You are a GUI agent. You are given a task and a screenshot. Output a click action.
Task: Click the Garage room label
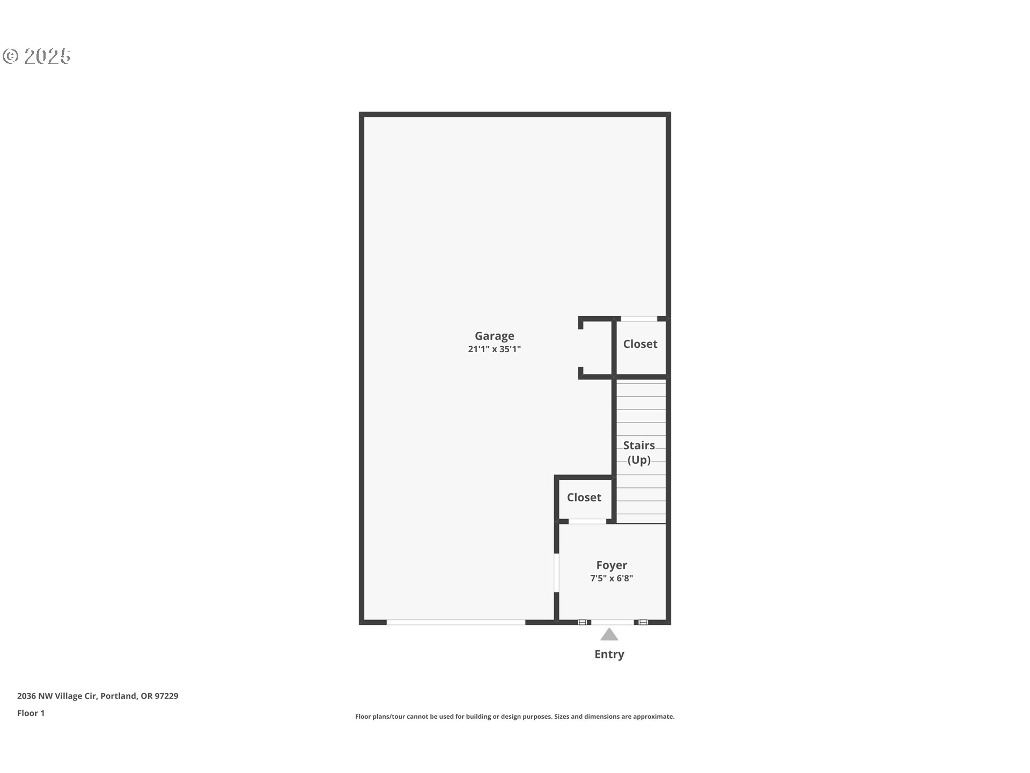pos(494,336)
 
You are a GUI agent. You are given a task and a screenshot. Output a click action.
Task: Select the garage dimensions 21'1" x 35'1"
pos(494,349)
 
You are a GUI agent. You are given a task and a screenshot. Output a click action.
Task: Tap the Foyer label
pos(612,565)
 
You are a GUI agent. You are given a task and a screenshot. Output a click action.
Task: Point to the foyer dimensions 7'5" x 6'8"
pos(612,578)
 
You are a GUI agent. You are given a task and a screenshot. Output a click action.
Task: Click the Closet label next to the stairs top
pos(640,344)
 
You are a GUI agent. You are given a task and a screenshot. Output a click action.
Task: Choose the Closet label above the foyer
pos(584,498)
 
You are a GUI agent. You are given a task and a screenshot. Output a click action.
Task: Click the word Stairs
pos(639,446)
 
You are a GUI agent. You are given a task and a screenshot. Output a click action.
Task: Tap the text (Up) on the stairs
pos(639,460)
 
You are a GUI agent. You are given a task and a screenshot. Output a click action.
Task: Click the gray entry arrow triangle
pos(609,635)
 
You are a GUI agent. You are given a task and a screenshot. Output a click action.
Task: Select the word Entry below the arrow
pos(609,654)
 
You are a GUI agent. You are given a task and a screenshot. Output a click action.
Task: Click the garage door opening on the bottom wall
pos(455,622)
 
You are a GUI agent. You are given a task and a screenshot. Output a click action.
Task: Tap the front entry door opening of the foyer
pos(612,622)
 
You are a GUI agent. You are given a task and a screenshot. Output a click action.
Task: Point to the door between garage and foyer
pos(556,572)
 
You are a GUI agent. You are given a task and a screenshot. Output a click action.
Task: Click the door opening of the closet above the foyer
pos(587,521)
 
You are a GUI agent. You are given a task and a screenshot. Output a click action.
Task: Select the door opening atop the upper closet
pos(639,319)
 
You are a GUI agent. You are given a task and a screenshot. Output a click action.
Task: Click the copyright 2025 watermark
pos(36,56)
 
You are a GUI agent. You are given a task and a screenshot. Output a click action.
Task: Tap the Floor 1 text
pos(31,713)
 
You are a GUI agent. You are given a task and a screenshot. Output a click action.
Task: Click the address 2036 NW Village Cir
pos(57,696)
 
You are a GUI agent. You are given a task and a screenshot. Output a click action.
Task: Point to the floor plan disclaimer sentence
pos(514,717)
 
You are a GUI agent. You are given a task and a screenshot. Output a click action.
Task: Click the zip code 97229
pos(166,696)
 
